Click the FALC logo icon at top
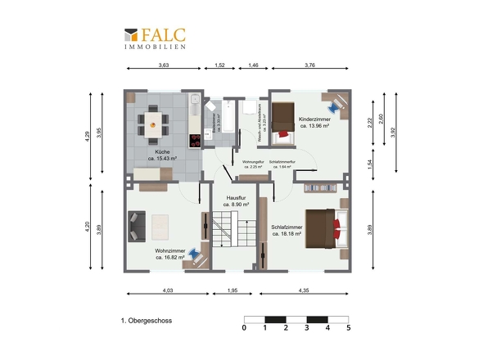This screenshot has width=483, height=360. click(130, 35)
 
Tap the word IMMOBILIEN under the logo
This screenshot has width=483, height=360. click(155, 47)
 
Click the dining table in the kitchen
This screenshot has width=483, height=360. click(155, 124)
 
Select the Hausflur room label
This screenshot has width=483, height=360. click(235, 200)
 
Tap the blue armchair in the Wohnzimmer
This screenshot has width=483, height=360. click(192, 254)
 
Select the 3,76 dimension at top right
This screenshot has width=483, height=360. click(310, 65)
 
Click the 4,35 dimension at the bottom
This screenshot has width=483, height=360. click(304, 291)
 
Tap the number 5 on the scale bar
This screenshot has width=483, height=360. click(348, 328)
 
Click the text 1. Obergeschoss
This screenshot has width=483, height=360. click(147, 322)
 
